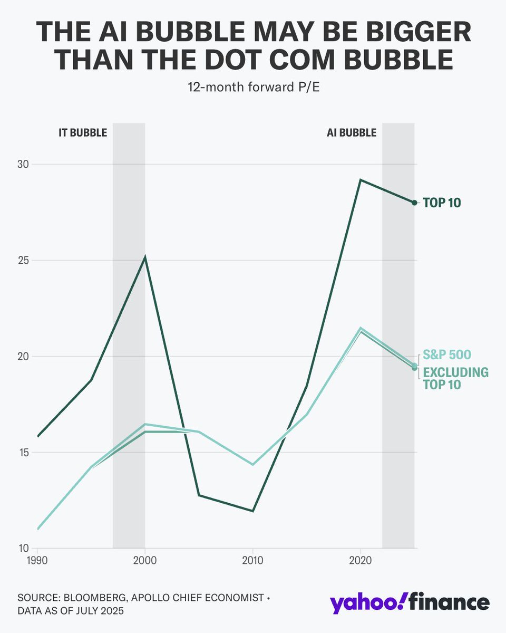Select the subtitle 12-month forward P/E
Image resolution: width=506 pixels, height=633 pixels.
point(253,88)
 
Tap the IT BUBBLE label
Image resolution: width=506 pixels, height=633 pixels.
point(83,132)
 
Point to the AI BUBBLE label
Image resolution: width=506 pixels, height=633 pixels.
point(352,132)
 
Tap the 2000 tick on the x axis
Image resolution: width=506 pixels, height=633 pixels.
point(145,559)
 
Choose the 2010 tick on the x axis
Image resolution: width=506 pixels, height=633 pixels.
point(253,559)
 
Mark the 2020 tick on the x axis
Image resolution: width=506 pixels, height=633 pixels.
point(360,559)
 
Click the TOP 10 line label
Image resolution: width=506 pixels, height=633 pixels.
point(442,203)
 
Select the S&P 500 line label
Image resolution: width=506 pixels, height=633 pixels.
point(447,354)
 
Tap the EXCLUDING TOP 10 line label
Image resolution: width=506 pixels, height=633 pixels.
point(455,378)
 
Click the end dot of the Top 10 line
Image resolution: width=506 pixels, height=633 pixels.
point(414,203)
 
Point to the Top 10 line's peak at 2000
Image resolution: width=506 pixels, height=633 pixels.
point(145,257)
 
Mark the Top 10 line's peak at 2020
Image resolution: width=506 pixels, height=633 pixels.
point(360,180)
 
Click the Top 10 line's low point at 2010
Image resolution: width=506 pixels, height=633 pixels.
point(253,511)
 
